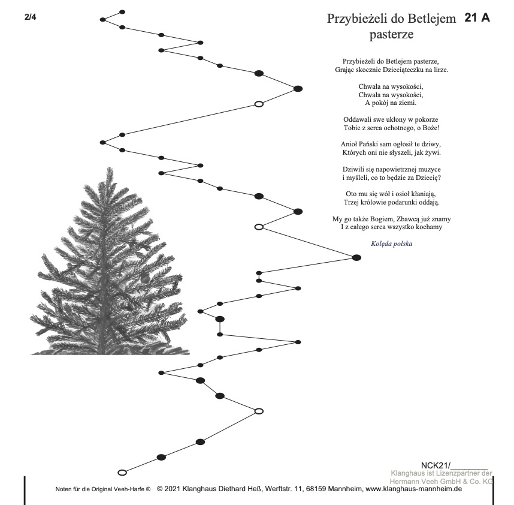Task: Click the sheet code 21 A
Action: [x=477, y=18]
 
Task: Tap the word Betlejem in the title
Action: [x=434, y=19]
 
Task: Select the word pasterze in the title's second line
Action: [x=392, y=34]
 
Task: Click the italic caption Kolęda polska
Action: [x=391, y=244]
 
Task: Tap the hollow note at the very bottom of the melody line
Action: [x=122, y=472]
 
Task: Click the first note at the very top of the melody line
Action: [x=122, y=11]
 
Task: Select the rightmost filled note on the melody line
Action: [x=356, y=257]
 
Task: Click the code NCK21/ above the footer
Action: [x=435, y=465]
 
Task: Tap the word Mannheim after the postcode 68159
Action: [x=343, y=489]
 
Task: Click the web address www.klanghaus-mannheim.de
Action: [x=413, y=489]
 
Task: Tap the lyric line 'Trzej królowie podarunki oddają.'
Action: [x=392, y=202]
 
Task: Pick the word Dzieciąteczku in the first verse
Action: [x=396, y=70]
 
